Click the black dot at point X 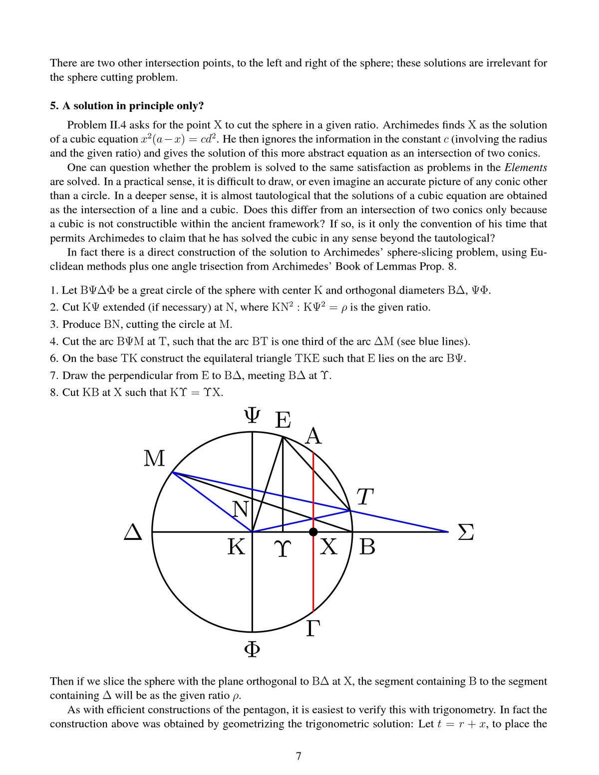[x=313, y=532]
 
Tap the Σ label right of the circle [x=465, y=532]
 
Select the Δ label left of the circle [x=133, y=532]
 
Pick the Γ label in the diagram [x=312, y=628]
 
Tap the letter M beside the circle [x=154, y=458]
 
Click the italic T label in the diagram [x=365, y=497]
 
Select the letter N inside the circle [x=241, y=510]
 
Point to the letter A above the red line [x=313, y=436]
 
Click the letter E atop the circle [x=283, y=420]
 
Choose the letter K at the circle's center [x=237, y=547]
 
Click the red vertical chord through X [x=313, y=574]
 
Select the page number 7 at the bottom [x=299, y=756]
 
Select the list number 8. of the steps [x=54, y=392]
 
